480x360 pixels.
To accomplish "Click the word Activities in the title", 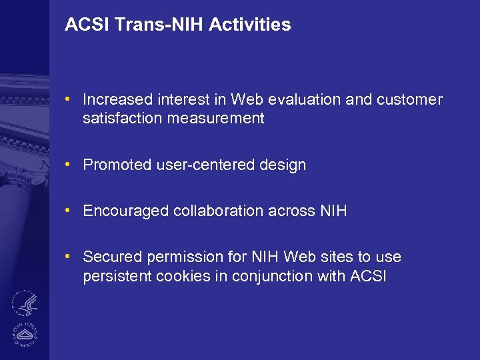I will click(x=250, y=25).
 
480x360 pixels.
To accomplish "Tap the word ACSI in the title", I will click(x=87, y=25).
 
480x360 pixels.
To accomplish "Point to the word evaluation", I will click(x=306, y=100).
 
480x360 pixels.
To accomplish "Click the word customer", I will click(x=409, y=100).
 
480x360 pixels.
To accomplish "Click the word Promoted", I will click(x=116, y=165).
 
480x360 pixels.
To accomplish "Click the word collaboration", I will click(x=219, y=211).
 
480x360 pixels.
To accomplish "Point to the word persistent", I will click(x=117, y=276).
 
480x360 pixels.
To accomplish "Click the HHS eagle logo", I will click(x=24, y=304).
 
